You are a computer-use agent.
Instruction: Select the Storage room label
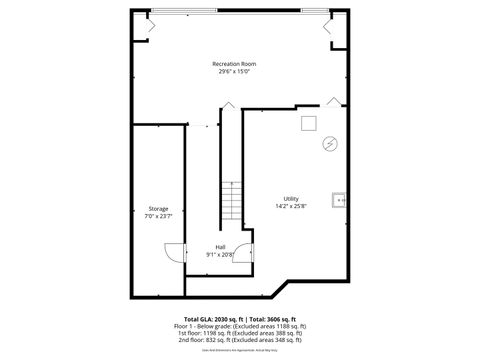tap(158, 208)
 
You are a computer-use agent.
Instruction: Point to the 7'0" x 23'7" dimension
tap(158, 216)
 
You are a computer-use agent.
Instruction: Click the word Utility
tap(291, 198)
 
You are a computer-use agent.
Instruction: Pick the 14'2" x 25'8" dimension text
tap(291, 206)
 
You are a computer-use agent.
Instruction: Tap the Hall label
tap(220, 246)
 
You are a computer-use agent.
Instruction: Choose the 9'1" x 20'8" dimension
tap(220, 254)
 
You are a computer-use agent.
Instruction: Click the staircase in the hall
tap(232, 202)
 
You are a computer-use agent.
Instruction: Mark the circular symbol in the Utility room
tap(329, 144)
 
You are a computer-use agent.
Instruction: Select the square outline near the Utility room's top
tap(310, 122)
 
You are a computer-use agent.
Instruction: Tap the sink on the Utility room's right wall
tap(341, 200)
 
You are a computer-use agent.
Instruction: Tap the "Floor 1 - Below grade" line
tap(240, 326)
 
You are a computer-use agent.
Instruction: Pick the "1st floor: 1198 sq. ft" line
tap(240, 333)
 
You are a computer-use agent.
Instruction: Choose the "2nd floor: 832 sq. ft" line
tap(240, 340)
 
